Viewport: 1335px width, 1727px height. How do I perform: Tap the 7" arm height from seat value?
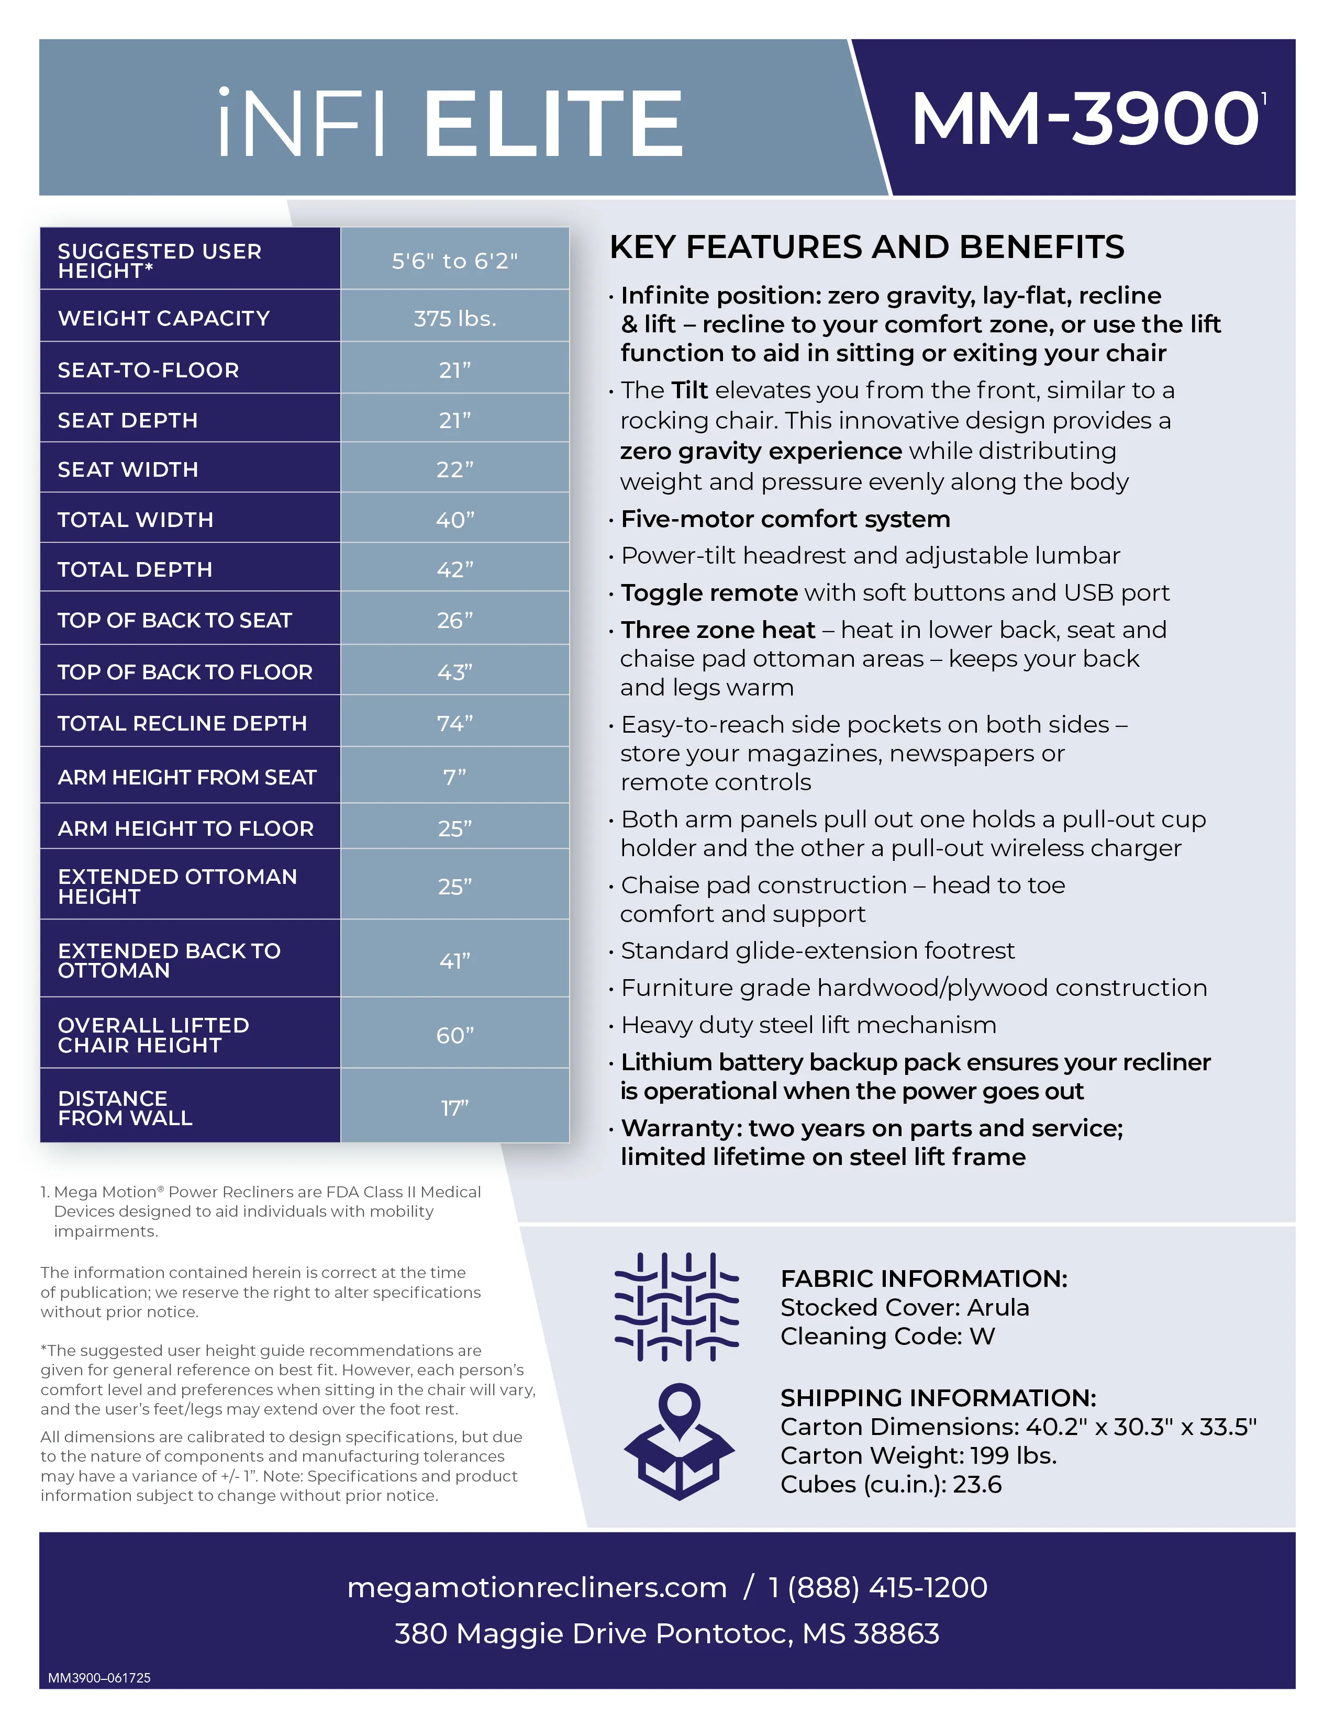click(455, 777)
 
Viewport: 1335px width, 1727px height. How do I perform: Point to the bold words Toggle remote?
click(709, 592)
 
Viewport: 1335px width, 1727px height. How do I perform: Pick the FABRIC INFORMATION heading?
click(924, 1278)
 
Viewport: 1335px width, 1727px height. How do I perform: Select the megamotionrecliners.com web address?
click(536, 1587)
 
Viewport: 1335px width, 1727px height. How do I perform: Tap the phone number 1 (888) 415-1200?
click(878, 1587)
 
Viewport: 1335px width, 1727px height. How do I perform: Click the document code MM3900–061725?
click(99, 1677)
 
